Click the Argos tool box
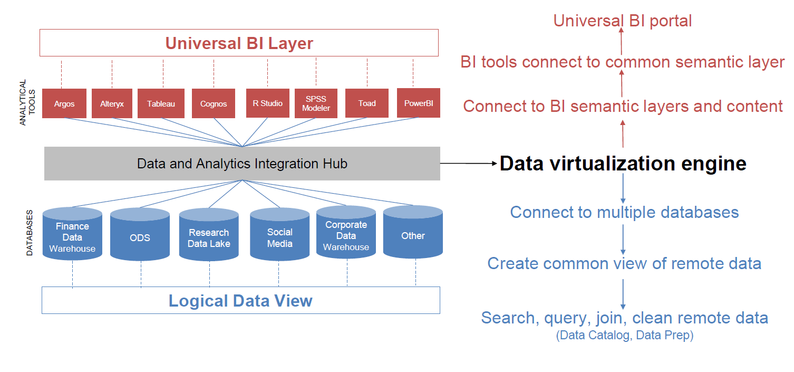[64, 103]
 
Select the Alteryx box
[112, 103]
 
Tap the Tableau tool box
[161, 103]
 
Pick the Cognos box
[214, 103]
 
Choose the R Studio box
[268, 103]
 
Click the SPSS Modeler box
[316, 103]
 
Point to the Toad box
[367, 103]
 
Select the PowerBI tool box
[419, 103]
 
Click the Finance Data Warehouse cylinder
[72, 234]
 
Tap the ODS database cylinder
[140, 234]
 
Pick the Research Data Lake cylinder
[209, 234]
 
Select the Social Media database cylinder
[279, 234]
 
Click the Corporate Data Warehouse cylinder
[346, 232]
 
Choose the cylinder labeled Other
[413, 232]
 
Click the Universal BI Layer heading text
[239, 43]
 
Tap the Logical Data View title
[240, 301]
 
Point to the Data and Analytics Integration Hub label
[242, 164]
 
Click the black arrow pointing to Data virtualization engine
[469, 163]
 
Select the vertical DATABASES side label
[30, 233]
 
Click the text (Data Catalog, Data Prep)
[625, 335]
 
